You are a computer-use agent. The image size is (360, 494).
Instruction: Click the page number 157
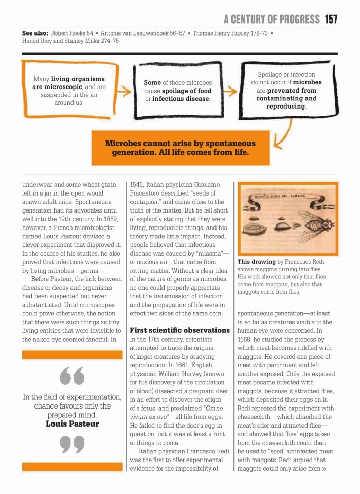(x=331, y=19)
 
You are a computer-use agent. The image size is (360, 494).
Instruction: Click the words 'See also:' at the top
(x=34, y=33)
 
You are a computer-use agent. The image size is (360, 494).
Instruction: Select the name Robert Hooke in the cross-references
(x=68, y=33)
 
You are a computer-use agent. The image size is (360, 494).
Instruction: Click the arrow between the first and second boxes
(x=123, y=92)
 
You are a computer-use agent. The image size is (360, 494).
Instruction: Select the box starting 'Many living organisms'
(x=69, y=91)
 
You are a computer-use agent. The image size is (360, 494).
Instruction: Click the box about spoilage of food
(x=177, y=91)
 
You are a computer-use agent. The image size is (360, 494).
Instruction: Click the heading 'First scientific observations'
(x=179, y=330)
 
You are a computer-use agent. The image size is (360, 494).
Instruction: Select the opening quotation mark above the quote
(x=72, y=377)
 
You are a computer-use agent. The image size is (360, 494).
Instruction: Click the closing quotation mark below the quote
(x=72, y=444)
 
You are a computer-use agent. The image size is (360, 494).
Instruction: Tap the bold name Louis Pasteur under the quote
(x=72, y=424)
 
